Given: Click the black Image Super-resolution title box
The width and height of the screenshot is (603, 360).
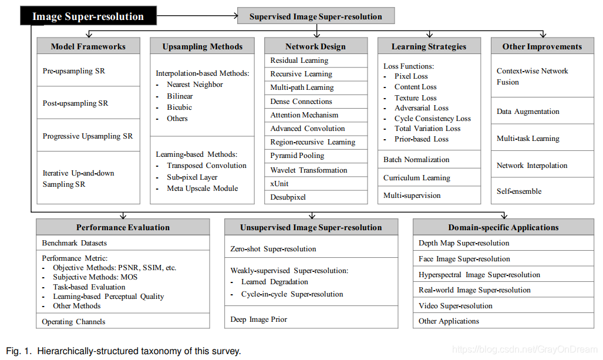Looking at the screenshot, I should coord(88,16).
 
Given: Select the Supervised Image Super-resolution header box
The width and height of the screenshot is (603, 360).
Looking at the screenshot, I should coord(315,16).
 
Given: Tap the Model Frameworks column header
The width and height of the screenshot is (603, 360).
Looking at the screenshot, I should coord(88,46).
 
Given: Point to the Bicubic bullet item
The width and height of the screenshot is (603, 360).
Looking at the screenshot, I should coord(179,107).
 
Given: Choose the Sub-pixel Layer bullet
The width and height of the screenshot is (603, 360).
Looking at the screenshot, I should coord(192,177).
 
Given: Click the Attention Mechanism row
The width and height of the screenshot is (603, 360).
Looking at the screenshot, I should coord(304,115).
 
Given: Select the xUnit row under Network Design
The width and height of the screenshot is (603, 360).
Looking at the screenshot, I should coord(279,184).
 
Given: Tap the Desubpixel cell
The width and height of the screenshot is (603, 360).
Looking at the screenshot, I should coord(288,197).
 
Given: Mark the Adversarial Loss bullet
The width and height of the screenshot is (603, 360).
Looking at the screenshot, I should coord(421,108).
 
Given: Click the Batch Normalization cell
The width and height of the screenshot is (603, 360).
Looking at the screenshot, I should coord(416,160).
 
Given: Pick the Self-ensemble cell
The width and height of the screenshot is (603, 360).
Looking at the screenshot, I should coord(519,191).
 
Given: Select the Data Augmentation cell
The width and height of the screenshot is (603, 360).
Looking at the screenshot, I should coord(528,112).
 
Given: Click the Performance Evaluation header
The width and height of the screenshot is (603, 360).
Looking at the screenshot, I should coord(123,227).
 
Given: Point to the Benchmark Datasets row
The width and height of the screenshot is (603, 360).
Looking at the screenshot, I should coord(75,243).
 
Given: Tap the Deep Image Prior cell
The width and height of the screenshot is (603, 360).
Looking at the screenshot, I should coord(258,319).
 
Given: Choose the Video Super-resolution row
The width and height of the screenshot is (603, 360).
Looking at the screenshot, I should coord(456,306).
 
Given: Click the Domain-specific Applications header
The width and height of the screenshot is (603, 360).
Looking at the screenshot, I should coord(503,227).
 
